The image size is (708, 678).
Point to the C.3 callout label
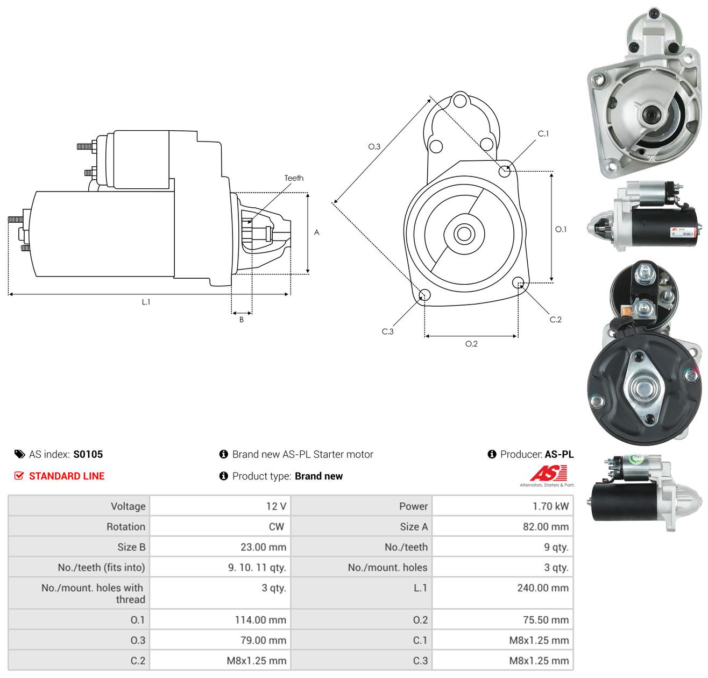click(x=387, y=331)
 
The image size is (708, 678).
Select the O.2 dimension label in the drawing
click(x=471, y=343)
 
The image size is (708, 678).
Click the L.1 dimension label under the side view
click(x=146, y=301)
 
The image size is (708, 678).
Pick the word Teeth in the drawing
click(x=293, y=178)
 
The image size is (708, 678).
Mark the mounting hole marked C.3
click(x=424, y=295)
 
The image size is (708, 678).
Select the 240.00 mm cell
click(x=542, y=587)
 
